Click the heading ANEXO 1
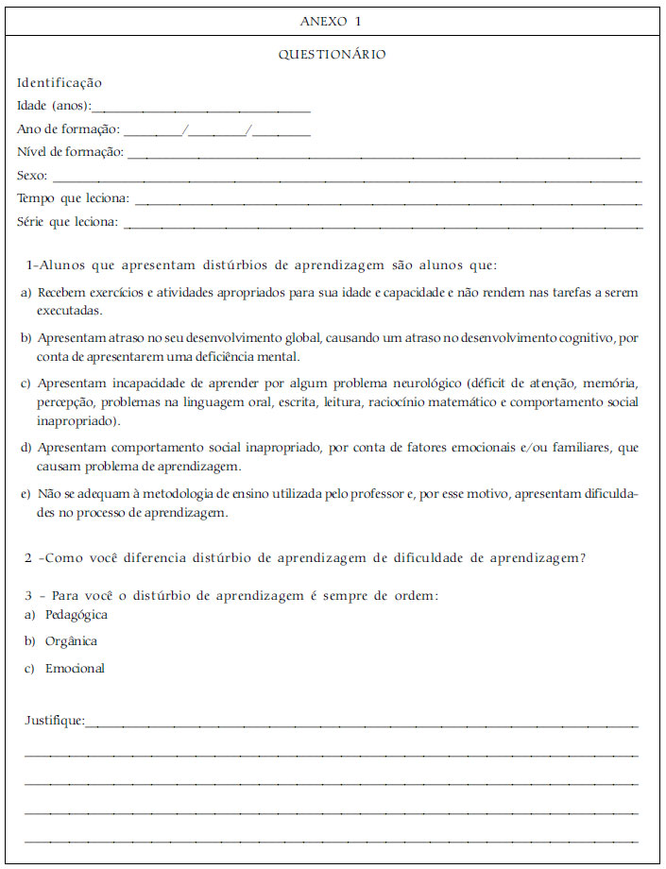(x=331, y=20)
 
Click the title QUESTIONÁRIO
(x=332, y=55)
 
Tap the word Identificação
(x=59, y=83)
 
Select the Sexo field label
(x=31, y=176)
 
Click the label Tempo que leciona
(x=73, y=199)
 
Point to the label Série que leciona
(x=67, y=222)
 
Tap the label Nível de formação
(x=70, y=152)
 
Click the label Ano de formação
(x=68, y=129)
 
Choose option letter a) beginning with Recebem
(x=26, y=293)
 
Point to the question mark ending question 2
(x=583, y=558)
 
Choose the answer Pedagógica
(x=76, y=615)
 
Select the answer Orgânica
(x=71, y=641)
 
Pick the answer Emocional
(x=75, y=669)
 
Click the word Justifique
(x=53, y=722)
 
